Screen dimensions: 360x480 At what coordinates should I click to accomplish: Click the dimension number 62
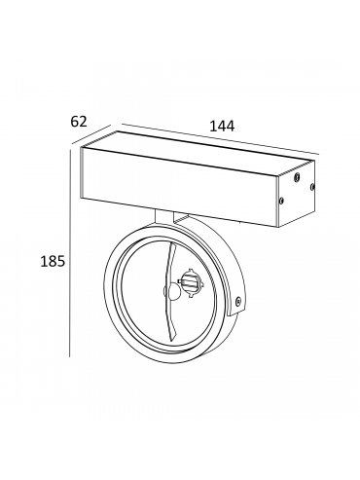[x=79, y=122]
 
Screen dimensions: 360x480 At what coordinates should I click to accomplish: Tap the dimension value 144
[x=222, y=127]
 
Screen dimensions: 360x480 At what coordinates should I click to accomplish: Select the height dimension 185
[x=53, y=261]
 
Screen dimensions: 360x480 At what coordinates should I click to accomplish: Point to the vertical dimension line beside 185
[x=70, y=253]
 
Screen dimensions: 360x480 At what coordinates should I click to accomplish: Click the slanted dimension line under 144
[x=221, y=139]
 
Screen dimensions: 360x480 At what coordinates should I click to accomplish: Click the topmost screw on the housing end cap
[x=297, y=177]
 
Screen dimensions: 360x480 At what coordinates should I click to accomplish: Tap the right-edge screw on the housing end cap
[x=312, y=186]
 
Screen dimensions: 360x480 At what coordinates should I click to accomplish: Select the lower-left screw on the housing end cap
[x=281, y=201]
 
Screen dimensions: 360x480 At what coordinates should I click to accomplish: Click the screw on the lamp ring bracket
[x=238, y=301]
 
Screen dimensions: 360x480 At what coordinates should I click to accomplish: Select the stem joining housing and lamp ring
[x=164, y=216]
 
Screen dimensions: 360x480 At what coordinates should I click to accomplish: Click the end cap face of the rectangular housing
[x=295, y=193]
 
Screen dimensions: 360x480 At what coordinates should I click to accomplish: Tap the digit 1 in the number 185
[x=44, y=261]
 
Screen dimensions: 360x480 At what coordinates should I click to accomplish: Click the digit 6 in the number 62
[x=75, y=122]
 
